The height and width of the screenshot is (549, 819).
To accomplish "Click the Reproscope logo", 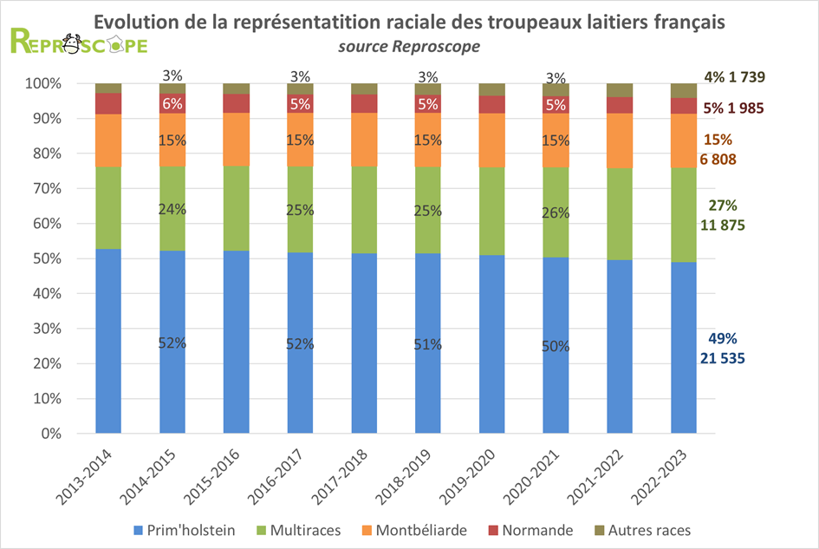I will [78, 42].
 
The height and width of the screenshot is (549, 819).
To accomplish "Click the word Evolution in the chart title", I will [140, 21].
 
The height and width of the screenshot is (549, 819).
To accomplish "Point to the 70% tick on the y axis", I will [44, 188].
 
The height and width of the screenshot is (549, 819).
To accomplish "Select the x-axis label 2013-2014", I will [93, 474].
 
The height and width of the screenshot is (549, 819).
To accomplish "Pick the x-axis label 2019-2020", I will [476, 474].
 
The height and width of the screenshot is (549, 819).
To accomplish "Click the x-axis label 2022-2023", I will [668, 474].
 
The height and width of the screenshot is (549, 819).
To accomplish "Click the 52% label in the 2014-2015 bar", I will [172, 343].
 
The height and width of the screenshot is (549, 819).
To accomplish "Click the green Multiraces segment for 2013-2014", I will [108, 207].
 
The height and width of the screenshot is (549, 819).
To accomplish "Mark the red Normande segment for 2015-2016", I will [236, 103].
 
